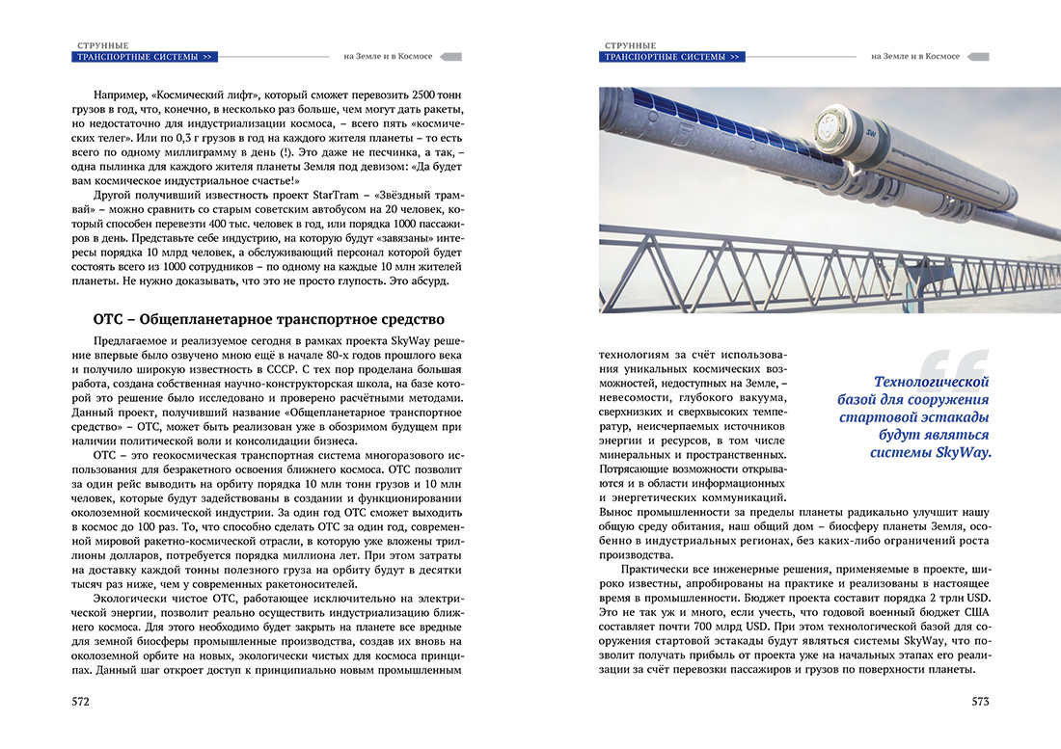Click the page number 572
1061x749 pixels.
(x=81, y=702)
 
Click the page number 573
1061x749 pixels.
(x=980, y=702)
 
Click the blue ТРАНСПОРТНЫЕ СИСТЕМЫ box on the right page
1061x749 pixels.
(x=672, y=57)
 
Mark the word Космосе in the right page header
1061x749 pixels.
(x=941, y=57)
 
